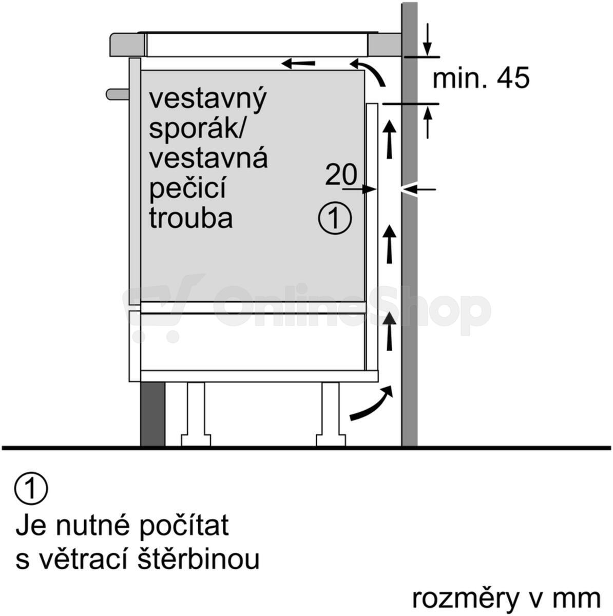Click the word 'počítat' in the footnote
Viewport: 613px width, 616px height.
[184, 525]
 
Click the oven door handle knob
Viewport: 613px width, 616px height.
[118, 94]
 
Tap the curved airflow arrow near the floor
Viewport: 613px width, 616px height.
[371, 402]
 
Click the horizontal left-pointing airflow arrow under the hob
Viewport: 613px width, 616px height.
[298, 64]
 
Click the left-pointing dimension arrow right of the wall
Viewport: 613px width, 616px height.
[418, 189]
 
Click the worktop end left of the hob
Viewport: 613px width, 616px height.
[127, 45]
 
